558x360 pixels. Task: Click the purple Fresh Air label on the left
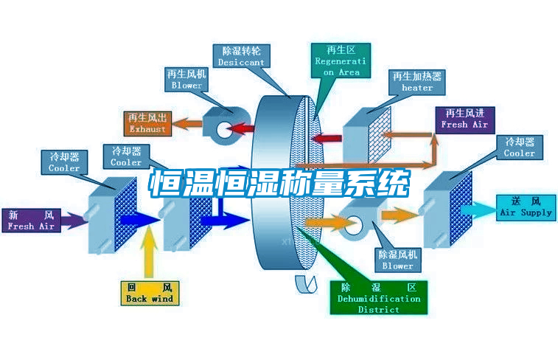[x=31, y=221]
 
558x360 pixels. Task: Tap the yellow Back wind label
[x=149, y=293]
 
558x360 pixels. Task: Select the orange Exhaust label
[x=147, y=123]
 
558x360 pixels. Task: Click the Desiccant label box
[x=241, y=57]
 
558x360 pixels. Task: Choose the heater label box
[x=417, y=82]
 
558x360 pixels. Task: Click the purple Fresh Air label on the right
[x=464, y=119]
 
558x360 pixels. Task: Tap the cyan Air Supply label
[x=526, y=207]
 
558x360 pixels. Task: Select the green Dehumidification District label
[x=379, y=297]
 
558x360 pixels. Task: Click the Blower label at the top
[x=186, y=80]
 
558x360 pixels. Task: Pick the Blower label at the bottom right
[x=397, y=260]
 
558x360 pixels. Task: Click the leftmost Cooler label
[x=64, y=162]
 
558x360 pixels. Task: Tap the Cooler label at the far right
[x=519, y=148]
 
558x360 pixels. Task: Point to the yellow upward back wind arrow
[x=150, y=252]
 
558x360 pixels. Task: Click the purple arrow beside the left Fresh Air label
[x=72, y=219]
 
